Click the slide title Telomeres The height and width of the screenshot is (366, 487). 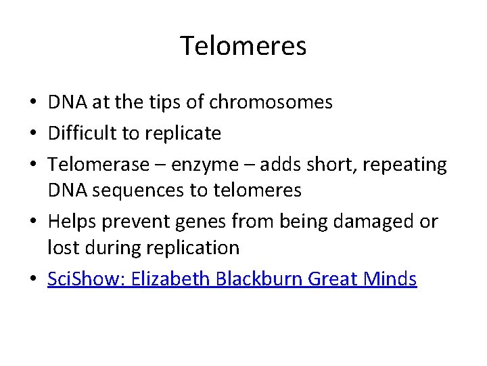click(243, 46)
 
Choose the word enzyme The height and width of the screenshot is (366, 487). click(202, 165)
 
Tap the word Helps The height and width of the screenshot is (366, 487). click(72, 222)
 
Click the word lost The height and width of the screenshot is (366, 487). click(62, 247)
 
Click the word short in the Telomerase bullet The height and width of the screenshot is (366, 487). click(317, 165)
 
